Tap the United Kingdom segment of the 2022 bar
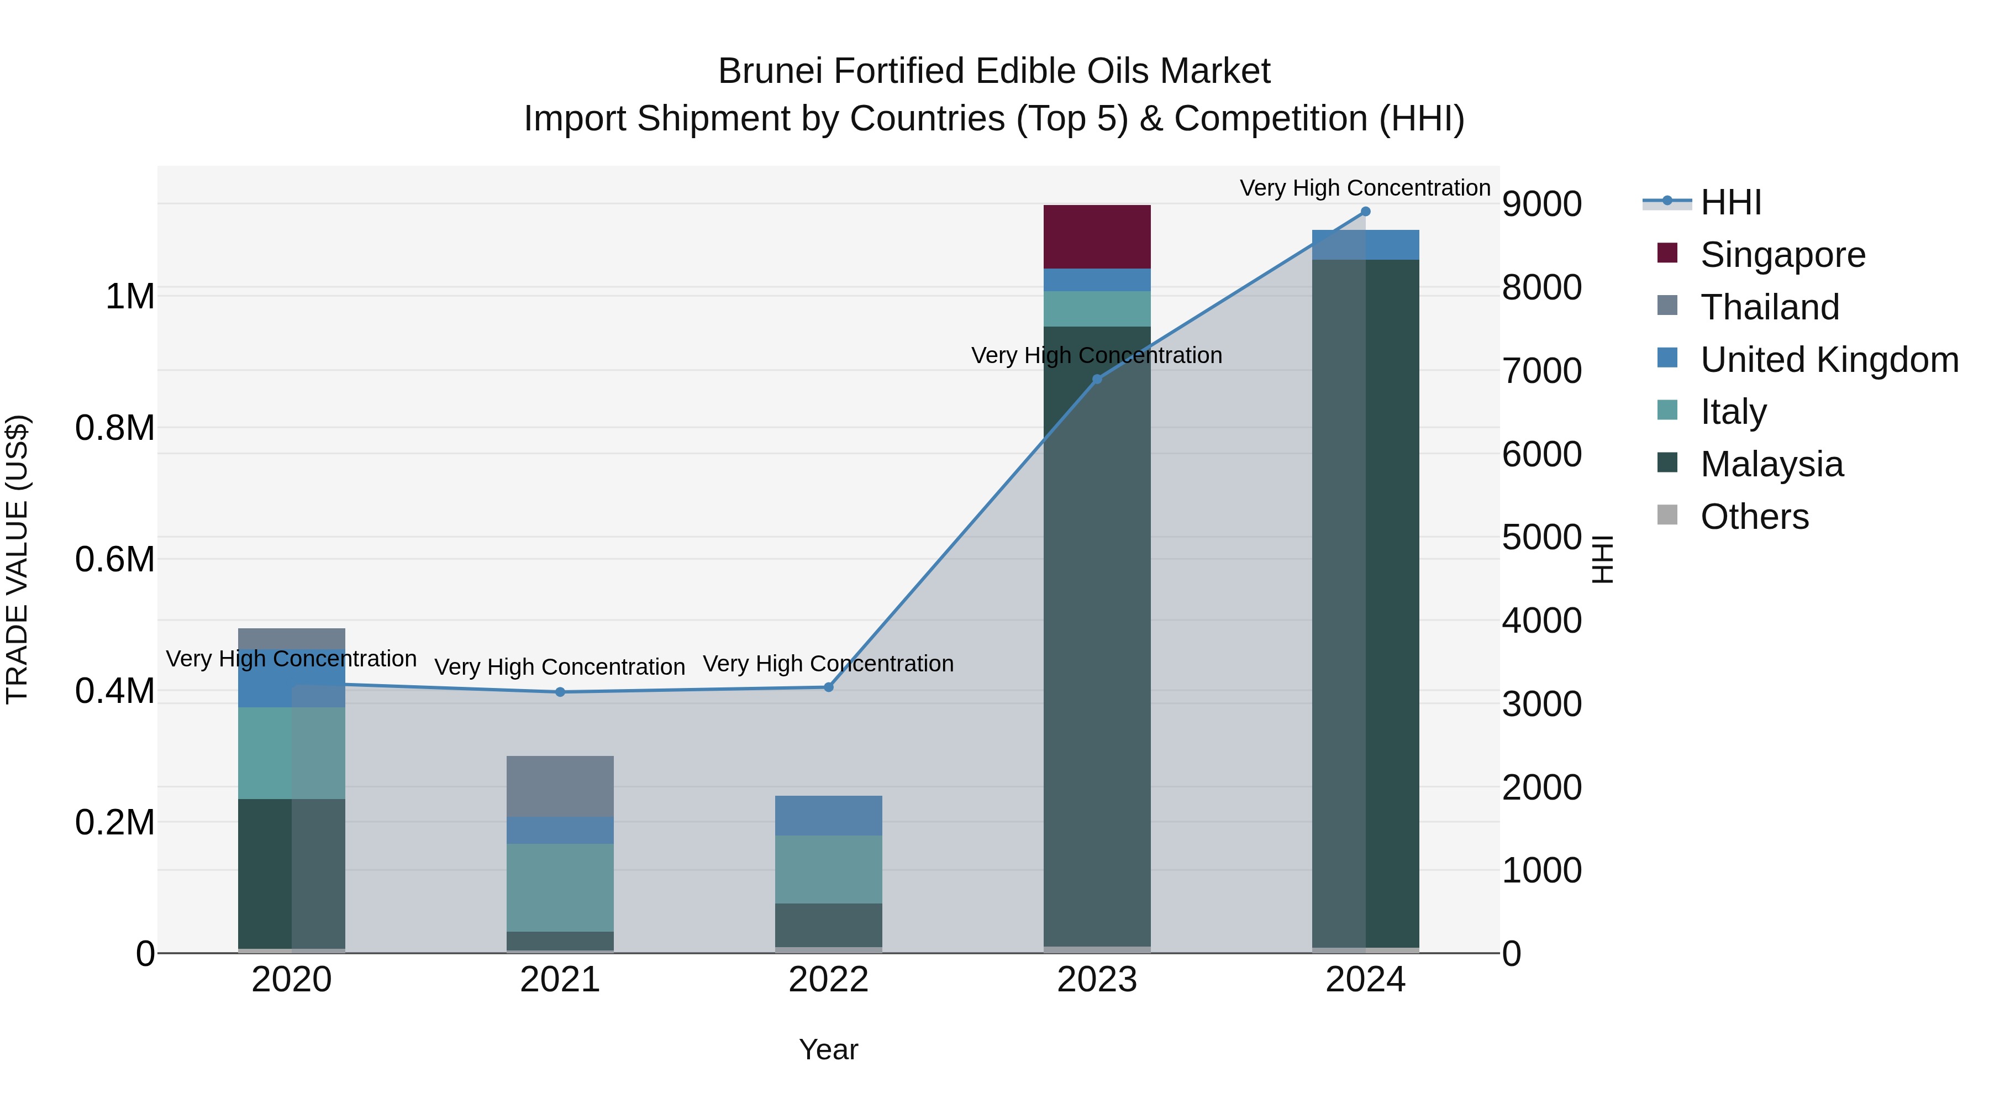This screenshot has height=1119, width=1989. pyautogui.click(x=829, y=815)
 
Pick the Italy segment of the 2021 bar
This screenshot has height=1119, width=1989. pyautogui.click(x=560, y=886)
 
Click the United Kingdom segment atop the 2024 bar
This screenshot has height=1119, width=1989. pyautogui.click(x=1365, y=244)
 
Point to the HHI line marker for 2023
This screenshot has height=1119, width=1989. pyautogui.click(x=1096, y=379)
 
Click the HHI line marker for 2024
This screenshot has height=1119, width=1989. pyautogui.click(x=1365, y=212)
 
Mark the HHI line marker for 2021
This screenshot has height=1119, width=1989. pyautogui.click(x=560, y=692)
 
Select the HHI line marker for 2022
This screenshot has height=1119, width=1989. pyautogui.click(x=829, y=686)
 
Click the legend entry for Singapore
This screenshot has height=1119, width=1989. pyautogui.click(x=1782, y=255)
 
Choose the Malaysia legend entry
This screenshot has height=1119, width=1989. pyautogui.click(x=1771, y=464)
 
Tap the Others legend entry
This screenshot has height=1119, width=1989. pyautogui.click(x=1754, y=517)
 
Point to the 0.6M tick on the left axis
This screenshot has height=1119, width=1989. pyautogui.click(x=115, y=559)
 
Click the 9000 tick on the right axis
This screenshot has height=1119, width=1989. pyautogui.click(x=1541, y=204)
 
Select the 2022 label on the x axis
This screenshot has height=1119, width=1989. pyautogui.click(x=829, y=980)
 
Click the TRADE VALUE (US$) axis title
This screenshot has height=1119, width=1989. pyautogui.click(x=18, y=559)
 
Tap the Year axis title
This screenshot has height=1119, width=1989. pyautogui.click(x=829, y=1049)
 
